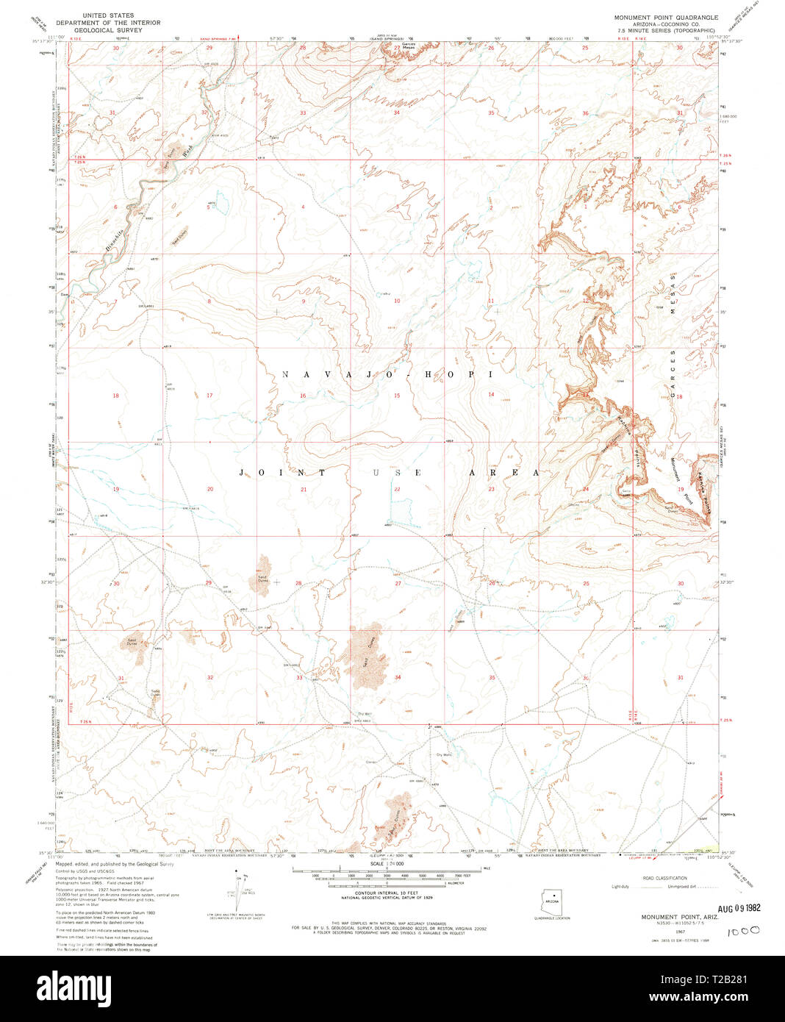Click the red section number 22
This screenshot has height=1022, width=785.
click(x=397, y=490)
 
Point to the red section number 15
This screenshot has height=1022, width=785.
click(x=397, y=396)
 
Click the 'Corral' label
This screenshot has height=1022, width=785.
click(x=371, y=762)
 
